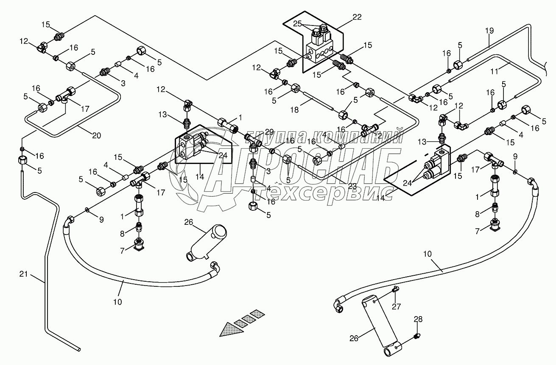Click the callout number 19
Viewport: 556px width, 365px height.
click(x=490, y=31)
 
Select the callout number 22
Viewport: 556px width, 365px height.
click(x=357, y=17)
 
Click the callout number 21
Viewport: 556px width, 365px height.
click(x=24, y=274)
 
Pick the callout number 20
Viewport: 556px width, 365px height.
click(x=97, y=136)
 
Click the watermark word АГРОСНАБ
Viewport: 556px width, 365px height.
click(x=305, y=162)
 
